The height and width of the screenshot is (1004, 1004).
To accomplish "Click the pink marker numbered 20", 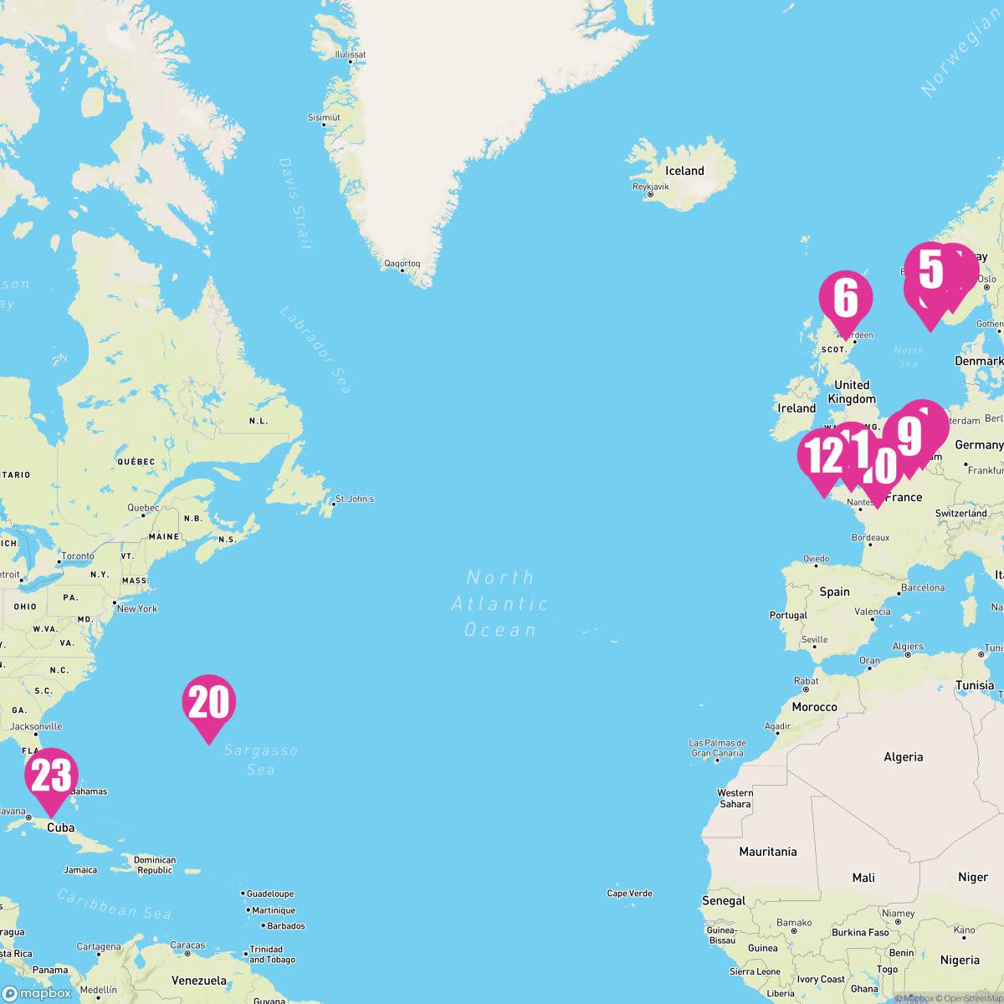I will tap(208, 703).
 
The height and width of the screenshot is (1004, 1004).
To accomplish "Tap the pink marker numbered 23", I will tap(51, 776).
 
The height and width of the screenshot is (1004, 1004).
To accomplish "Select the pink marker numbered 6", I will tap(846, 299).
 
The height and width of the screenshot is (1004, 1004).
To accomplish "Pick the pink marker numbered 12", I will tap(822, 457).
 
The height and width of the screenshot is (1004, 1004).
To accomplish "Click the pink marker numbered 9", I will tap(909, 435).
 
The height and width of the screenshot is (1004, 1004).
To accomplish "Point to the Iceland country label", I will tap(684, 171).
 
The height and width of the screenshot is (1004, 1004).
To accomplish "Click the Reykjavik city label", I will tap(651, 187).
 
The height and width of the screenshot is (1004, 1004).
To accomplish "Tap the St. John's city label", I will tap(354, 499).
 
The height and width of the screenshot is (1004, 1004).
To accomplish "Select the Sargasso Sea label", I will tap(261, 760).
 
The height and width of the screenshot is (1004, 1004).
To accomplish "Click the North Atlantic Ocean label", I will tap(500, 603).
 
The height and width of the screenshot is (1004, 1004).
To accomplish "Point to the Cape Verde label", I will tap(629, 894).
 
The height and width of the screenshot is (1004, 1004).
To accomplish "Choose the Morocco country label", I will tap(814, 707).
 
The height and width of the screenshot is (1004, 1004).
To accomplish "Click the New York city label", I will tap(136, 608).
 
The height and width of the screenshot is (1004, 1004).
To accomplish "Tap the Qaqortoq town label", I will tap(402, 264).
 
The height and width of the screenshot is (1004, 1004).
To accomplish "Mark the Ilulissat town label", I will tap(351, 54).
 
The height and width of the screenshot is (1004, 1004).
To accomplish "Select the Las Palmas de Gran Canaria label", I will tap(717, 748).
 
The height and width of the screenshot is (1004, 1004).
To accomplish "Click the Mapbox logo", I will tap(38, 993).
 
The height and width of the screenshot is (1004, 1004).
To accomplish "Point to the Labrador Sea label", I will tap(315, 350).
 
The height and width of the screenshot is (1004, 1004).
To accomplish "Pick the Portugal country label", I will tap(788, 615).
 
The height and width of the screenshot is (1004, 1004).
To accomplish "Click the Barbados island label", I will tap(286, 926).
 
